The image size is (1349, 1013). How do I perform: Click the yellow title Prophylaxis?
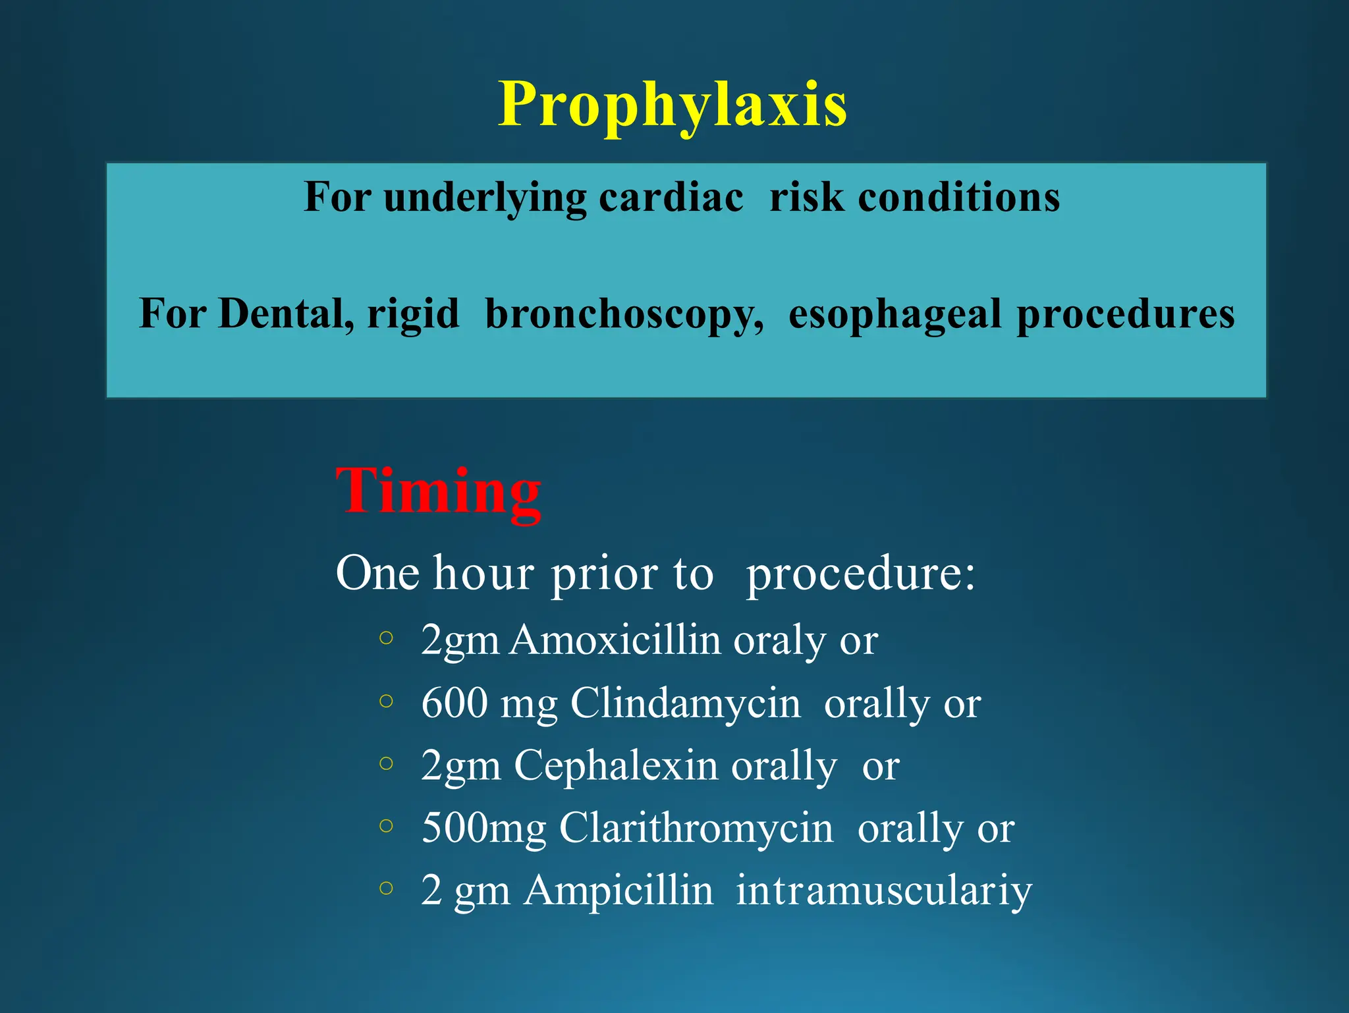click(672, 105)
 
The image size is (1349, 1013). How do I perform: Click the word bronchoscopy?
click(624, 314)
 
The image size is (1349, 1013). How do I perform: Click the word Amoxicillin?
click(616, 640)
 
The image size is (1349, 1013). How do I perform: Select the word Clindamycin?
click(685, 703)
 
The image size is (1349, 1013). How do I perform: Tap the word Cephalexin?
click(615, 765)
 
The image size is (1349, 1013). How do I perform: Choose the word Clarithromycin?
click(696, 828)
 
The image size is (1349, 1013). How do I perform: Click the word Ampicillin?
click(619, 890)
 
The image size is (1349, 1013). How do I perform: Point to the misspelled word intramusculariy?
click(883, 890)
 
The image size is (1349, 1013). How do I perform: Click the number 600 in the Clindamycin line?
click(454, 703)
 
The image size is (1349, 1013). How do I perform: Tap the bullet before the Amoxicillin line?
click(387, 638)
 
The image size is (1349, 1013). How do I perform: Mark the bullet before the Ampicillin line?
click(387, 889)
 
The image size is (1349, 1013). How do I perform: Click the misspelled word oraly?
click(779, 640)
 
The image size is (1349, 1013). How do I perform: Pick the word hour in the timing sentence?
click(483, 573)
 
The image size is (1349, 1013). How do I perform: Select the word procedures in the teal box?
click(1125, 314)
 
